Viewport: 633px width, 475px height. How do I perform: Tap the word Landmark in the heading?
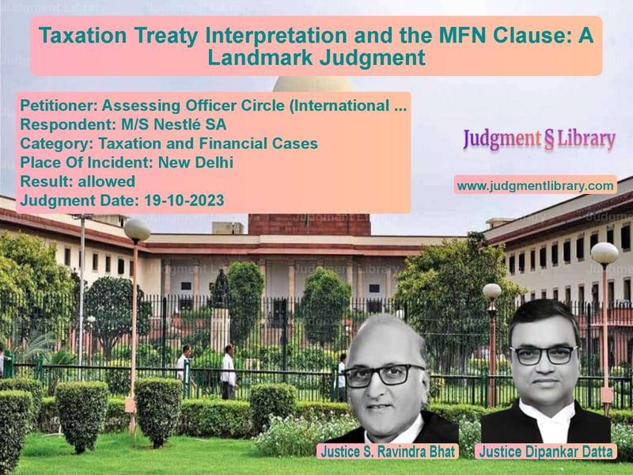tap(260, 57)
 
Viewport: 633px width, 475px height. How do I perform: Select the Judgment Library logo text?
tap(539, 139)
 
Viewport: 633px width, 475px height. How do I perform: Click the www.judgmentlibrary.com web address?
tap(536, 186)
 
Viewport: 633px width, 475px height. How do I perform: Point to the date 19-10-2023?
tap(184, 200)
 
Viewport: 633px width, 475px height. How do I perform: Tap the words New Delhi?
tap(195, 162)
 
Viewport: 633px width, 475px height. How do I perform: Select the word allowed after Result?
tap(107, 181)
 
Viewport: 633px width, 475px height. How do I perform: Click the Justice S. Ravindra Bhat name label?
tap(388, 451)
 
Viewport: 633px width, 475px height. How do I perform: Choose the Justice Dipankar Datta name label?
tap(546, 451)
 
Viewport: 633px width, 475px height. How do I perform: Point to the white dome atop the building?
tap(313, 84)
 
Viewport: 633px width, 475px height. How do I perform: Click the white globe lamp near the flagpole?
tap(137, 230)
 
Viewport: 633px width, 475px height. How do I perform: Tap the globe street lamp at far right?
tap(605, 254)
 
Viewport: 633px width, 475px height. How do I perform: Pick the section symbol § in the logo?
tap(548, 139)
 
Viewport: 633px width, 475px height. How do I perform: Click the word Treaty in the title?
tap(166, 35)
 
